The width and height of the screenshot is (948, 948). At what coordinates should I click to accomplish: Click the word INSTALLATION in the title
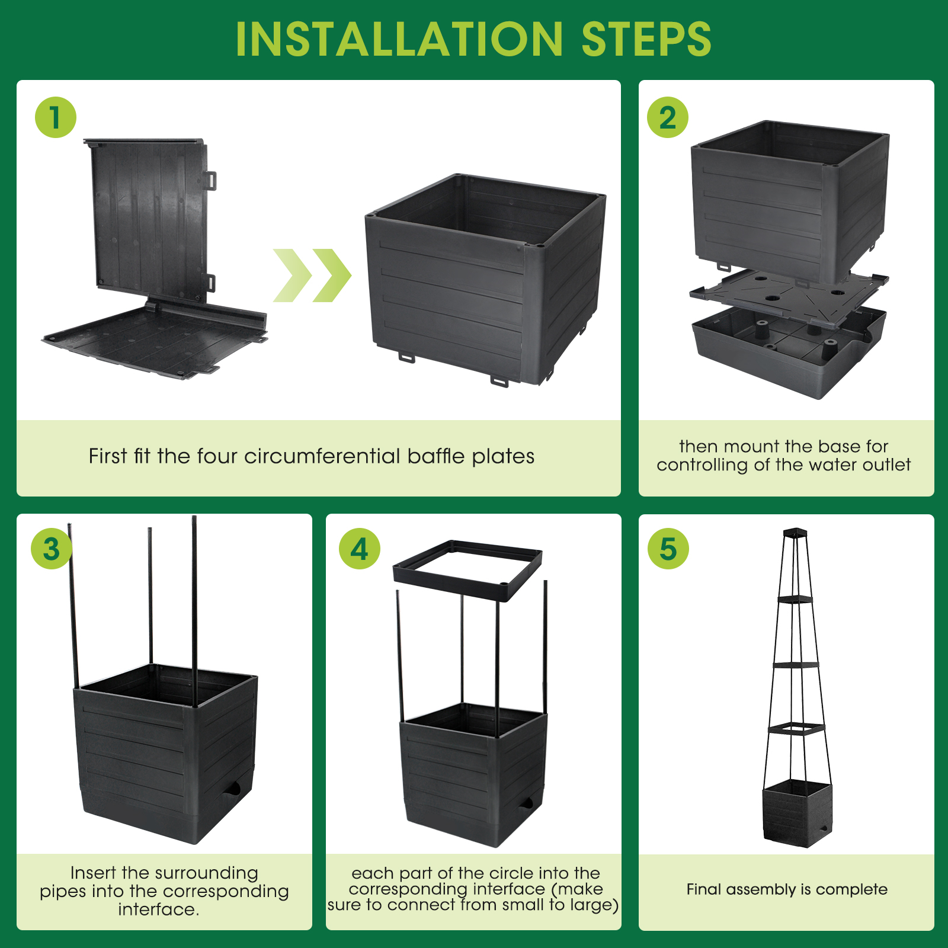click(399, 39)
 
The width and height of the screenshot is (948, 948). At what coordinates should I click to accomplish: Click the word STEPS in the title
click(646, 39)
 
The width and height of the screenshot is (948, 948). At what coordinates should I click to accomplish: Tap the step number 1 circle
click(56, 117)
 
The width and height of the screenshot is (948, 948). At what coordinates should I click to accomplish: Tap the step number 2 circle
click(668, 117)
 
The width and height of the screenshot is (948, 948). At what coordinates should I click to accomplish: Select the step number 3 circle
click(52, 549)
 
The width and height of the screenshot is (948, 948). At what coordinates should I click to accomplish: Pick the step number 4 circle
click(360, 549)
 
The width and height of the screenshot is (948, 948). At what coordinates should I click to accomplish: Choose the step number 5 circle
click(668, 549)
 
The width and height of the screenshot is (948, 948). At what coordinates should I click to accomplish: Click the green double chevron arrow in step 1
click(312, 276)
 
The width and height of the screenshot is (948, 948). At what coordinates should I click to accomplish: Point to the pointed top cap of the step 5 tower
click(795, 532)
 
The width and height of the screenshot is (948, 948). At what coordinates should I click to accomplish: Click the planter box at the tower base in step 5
click(798, 813)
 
